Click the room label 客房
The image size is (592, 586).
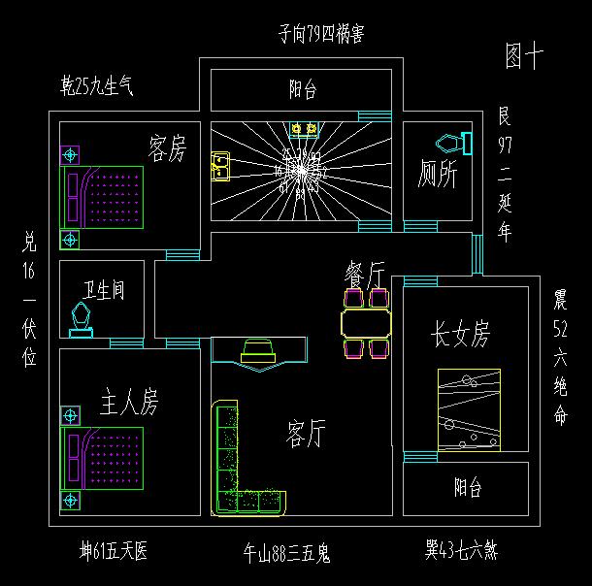(x=167, y=148)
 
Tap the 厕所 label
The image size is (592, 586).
(x=438, y=175)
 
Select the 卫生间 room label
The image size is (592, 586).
(x=103, y=291)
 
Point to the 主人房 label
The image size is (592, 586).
(x=129, y=401)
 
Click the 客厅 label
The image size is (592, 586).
(x=306, y=433)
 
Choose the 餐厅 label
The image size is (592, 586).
(x=365, y=275)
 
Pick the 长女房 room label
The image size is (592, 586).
(x=461, y=335)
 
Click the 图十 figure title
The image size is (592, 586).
(x=524, y=56)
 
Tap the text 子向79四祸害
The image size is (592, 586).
(x=321, y=35)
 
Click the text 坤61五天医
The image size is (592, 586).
(x=114, y=552)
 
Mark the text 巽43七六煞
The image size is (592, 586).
(x=461, y=550)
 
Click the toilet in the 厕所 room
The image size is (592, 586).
(x=452, y=144)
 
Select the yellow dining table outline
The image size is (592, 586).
(x=366, y=321)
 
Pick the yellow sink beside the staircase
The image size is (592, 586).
(x=219, y=168)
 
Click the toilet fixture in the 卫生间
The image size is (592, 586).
(x=82, y=318)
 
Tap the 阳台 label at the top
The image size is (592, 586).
(x=303, y=90)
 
